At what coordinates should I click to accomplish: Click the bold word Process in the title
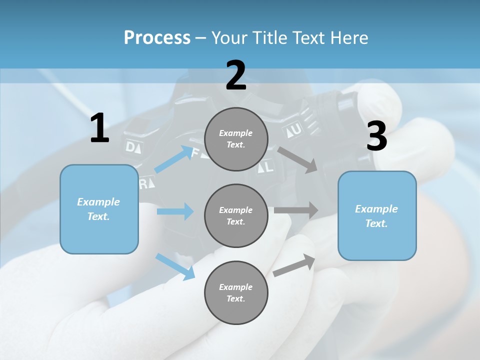157,38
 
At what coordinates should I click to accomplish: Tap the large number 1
99,128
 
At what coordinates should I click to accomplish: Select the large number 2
236,75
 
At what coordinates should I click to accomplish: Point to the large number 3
376,136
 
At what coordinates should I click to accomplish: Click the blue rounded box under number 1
99,209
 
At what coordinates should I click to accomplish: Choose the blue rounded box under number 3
377,215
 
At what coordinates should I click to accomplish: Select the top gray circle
236,139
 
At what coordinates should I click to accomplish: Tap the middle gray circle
236,215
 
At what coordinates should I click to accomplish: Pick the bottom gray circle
236,292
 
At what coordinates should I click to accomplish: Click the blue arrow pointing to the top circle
173,159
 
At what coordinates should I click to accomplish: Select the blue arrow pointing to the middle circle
175,211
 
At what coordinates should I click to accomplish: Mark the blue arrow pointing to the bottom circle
175,266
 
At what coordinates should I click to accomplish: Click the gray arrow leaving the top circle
298,159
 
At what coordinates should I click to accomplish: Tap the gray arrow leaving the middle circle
296,210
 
